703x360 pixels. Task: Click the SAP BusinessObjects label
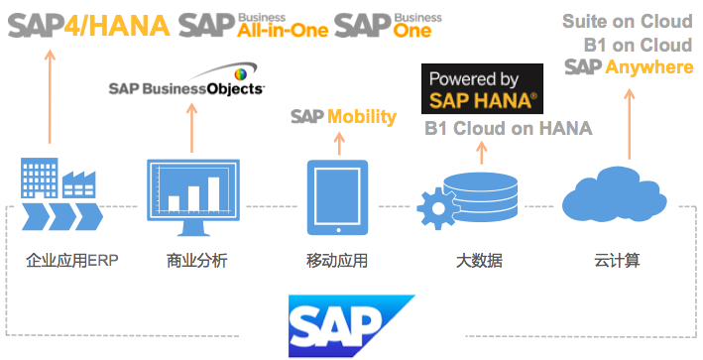click(186, 86)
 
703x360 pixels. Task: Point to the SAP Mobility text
click(343, 117)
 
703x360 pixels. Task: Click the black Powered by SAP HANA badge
click(483, 90)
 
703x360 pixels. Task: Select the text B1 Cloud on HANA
click(508, 129)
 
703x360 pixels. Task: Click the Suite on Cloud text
click(627, 21)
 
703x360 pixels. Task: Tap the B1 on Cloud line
click(639, 45)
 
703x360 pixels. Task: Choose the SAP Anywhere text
click(629, 66)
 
